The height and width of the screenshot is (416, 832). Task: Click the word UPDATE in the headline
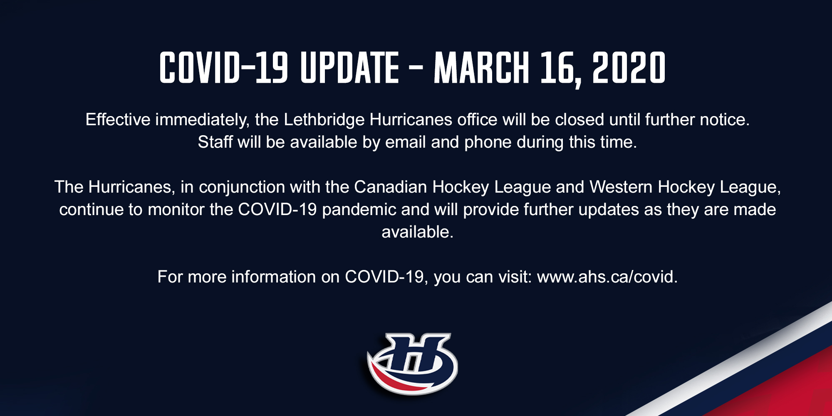349,68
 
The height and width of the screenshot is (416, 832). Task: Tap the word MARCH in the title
481,68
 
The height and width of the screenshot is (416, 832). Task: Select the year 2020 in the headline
629,68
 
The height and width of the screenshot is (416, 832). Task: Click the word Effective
118,119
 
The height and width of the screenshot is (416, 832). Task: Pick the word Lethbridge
324,120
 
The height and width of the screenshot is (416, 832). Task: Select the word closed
579,119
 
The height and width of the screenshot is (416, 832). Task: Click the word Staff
215,142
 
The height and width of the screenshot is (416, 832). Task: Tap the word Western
621,187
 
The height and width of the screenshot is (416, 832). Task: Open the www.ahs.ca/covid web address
607,277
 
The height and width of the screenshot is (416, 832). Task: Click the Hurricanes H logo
412,364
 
